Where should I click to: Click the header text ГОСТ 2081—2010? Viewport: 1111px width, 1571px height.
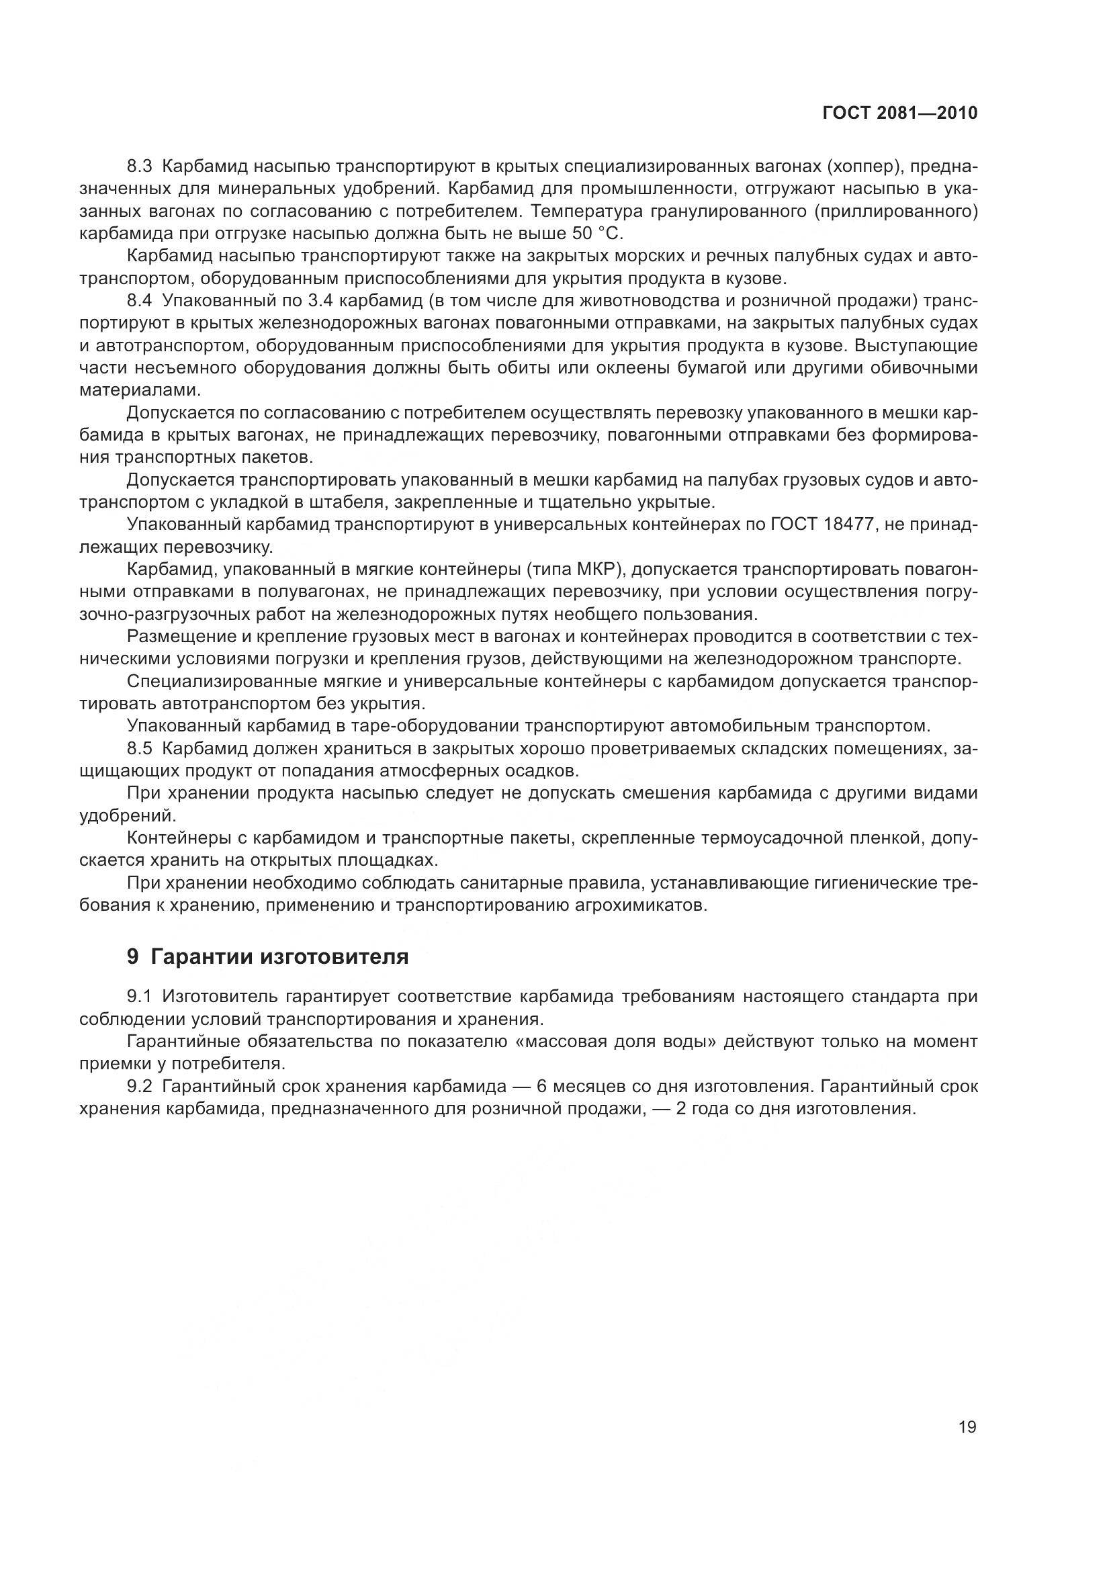(x=899, y=114)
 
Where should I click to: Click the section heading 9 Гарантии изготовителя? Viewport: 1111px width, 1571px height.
(x=267, y=956)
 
